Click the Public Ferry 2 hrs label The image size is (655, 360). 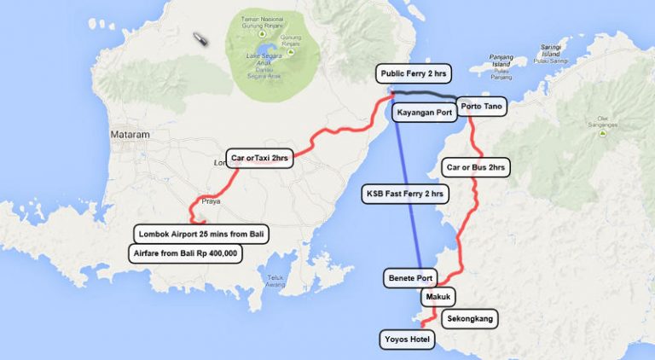click(412, 74)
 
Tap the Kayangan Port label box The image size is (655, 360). click(425, 113)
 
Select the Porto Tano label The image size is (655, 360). click(481, 107)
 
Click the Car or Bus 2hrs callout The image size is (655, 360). click(476, 167)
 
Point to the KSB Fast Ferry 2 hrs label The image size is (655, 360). click(405, 193)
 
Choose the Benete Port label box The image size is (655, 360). click(411, 278)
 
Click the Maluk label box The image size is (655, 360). click(438, 297)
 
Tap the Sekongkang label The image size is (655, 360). click(470, 318)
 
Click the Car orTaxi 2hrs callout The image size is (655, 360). click(261, 158)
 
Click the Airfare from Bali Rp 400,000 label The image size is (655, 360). click(186, 253)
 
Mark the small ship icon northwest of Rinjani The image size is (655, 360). click(201, 39)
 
